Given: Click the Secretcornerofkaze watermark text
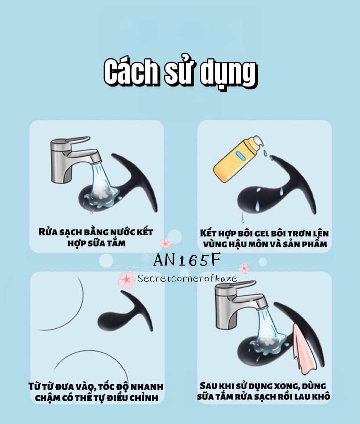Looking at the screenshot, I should coord(187,278).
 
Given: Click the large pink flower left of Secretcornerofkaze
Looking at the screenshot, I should coord(126,279).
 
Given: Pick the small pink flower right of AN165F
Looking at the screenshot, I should coord(244,268).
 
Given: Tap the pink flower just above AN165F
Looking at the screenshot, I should coord(166,243).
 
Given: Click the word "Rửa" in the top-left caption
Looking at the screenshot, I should coord(48,231).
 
